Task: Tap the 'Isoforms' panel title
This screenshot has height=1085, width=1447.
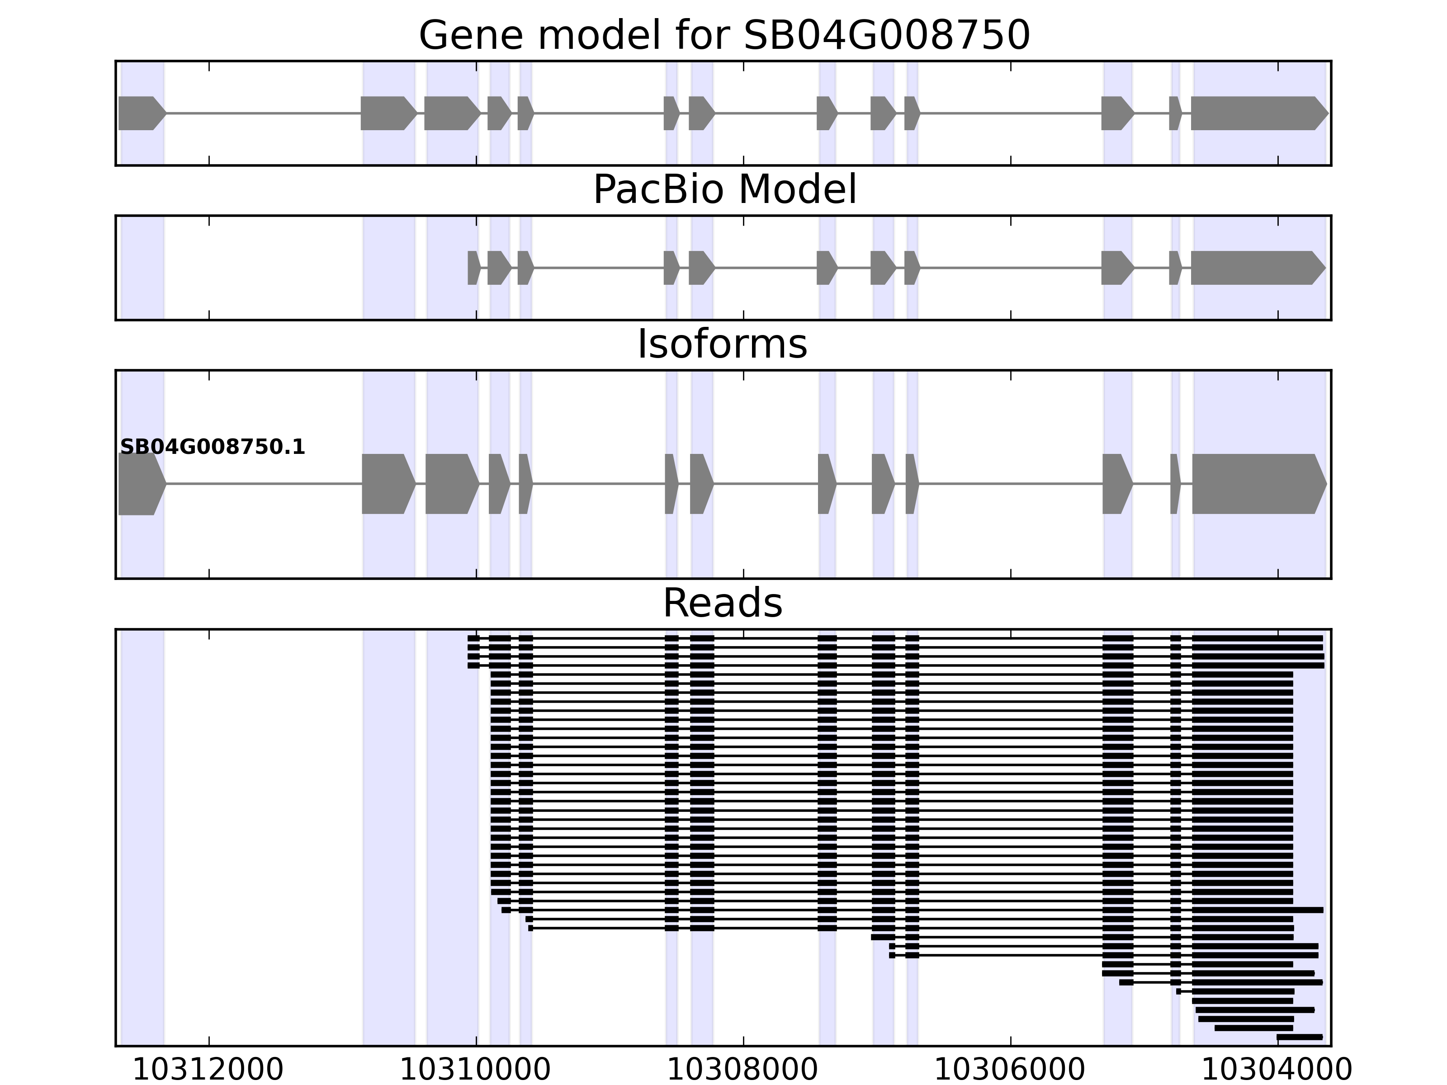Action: [x=722, y=344]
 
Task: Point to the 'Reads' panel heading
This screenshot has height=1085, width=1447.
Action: [x=722, y=603]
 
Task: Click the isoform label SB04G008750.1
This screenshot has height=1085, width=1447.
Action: [x=213, y=448]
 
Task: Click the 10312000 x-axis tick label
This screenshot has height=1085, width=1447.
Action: [x=208, y=1070]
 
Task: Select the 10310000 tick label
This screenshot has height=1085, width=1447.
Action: [x=476, y=1070]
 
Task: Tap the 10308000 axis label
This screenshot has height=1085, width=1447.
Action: [x=742, y=1070]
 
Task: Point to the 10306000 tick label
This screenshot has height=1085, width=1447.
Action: [x=1010, y=1070]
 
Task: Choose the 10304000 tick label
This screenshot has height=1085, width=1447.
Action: [x=1277, y=1070]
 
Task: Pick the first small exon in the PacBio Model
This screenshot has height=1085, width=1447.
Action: [x=473, y=268]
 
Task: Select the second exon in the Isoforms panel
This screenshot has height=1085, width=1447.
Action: [x=387, y=484]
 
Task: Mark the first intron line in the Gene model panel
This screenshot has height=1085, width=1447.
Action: [x=262, y=113]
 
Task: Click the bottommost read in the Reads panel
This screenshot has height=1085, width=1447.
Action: [x=1299, y=1037]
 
